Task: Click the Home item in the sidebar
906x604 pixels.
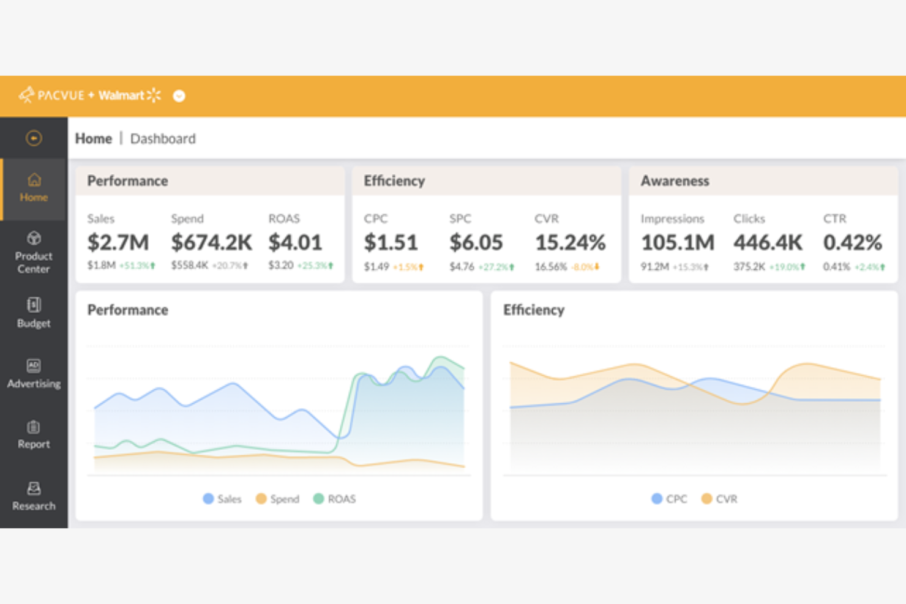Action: coord(34,188)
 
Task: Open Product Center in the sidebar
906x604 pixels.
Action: coord(34,253)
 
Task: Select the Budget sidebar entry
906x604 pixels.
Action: coord(34,313)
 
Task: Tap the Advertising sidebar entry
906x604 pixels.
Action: coord(34,374)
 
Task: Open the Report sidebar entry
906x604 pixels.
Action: coord(34,434)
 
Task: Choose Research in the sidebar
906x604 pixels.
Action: coord(34,496)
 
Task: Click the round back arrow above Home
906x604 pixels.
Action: coord(34,138)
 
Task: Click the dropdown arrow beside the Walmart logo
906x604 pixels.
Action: coord(179,96)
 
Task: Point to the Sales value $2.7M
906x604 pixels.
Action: coord(118,242)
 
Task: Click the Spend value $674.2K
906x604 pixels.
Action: coord(211,242)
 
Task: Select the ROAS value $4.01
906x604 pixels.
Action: coord(295,242)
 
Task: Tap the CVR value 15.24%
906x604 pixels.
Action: coord(570,242)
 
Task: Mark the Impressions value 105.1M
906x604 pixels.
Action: coord(678,242)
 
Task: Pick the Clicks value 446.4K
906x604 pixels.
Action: coord(768,242)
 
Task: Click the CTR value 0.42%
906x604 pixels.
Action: coord(852,242)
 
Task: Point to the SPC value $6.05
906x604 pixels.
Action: coord(476,242)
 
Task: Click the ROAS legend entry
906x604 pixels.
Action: coord(335,499)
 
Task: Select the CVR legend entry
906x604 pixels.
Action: coord(719,499)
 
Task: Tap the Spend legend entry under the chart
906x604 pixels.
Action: coord(278,499)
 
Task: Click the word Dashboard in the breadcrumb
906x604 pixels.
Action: coord(163,139)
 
